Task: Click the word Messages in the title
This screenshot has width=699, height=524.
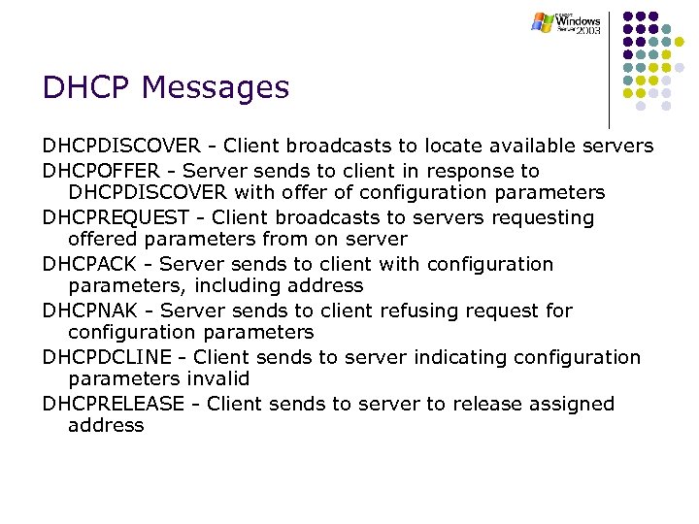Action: tap(216, 88)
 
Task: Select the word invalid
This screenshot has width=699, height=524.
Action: tap(217, 378)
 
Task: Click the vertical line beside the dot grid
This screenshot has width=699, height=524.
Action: tap(610, 68)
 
